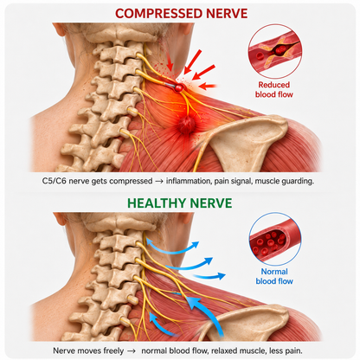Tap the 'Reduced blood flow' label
(x=274, y=90)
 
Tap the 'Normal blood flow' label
(x=274, y=276)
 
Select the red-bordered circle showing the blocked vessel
(x=275, y=51)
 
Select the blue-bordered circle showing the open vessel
(x=275, y=239)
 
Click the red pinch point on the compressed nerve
(x=179, y=87)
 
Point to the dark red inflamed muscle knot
(x=186, y=124)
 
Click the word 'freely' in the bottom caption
(x=113, y=351)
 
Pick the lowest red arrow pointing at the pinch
(x=208, y=86)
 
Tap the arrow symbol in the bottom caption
(x=132, y=351)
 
